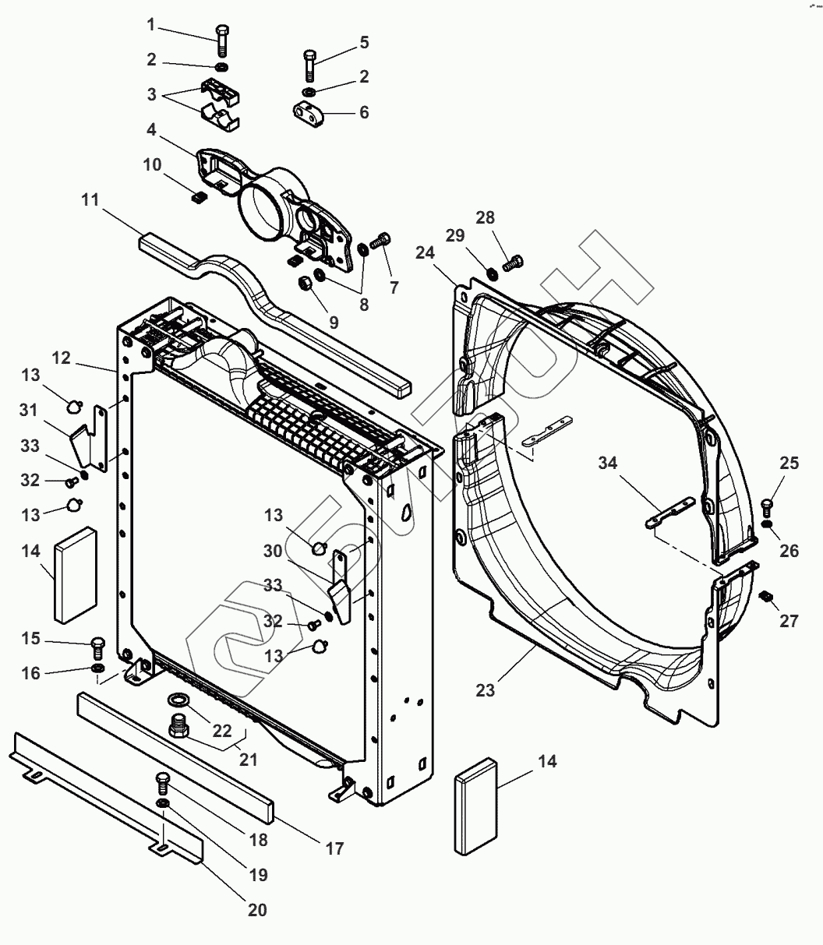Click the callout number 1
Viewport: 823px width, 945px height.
point(151,25)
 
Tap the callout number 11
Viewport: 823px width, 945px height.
point(90,200)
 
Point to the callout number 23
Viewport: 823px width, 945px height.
point(486,689)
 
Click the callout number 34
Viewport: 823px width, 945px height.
point(608,464)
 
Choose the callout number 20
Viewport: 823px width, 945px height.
point(257,909)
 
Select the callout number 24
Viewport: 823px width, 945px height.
point(424,252)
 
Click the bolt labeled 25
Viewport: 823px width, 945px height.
point(767,506)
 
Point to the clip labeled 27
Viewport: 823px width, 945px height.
point(766,596)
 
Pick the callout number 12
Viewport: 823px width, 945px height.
point(62,358)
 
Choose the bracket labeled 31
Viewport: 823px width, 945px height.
point(80,447)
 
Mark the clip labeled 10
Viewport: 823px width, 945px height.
point(198,196)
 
